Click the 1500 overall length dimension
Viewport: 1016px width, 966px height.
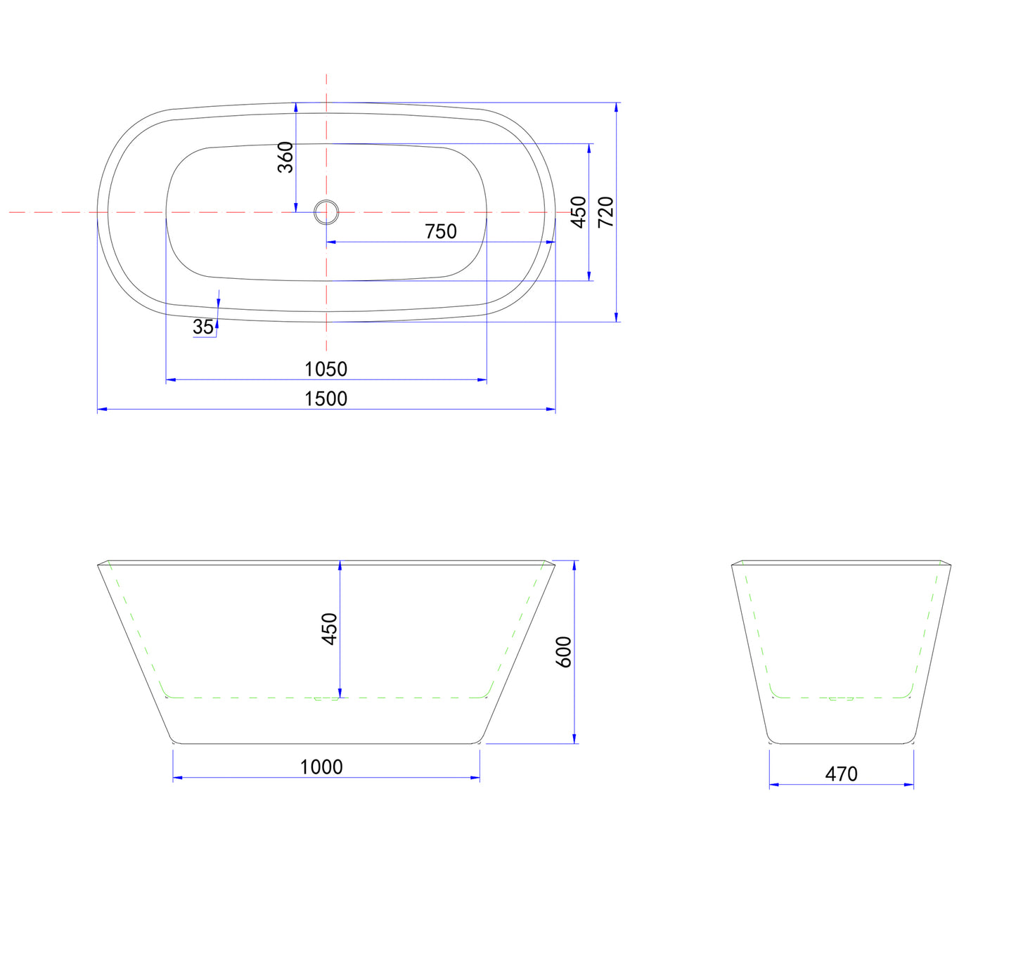coord(326,399)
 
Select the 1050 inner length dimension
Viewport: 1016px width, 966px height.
coord(326,370)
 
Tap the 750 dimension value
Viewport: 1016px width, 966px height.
coord(441,231)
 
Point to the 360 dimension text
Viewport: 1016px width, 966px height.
coord(285,157)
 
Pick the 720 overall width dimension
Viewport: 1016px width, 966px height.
coord(605,211)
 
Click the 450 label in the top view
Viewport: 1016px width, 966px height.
coord(578,211)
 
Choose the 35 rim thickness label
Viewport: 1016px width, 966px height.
coord(203,327)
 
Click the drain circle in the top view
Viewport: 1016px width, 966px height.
coord(326,212)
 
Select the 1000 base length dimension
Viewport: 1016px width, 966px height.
coord(321,767)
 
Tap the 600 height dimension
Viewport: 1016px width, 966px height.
coord(564,652)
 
